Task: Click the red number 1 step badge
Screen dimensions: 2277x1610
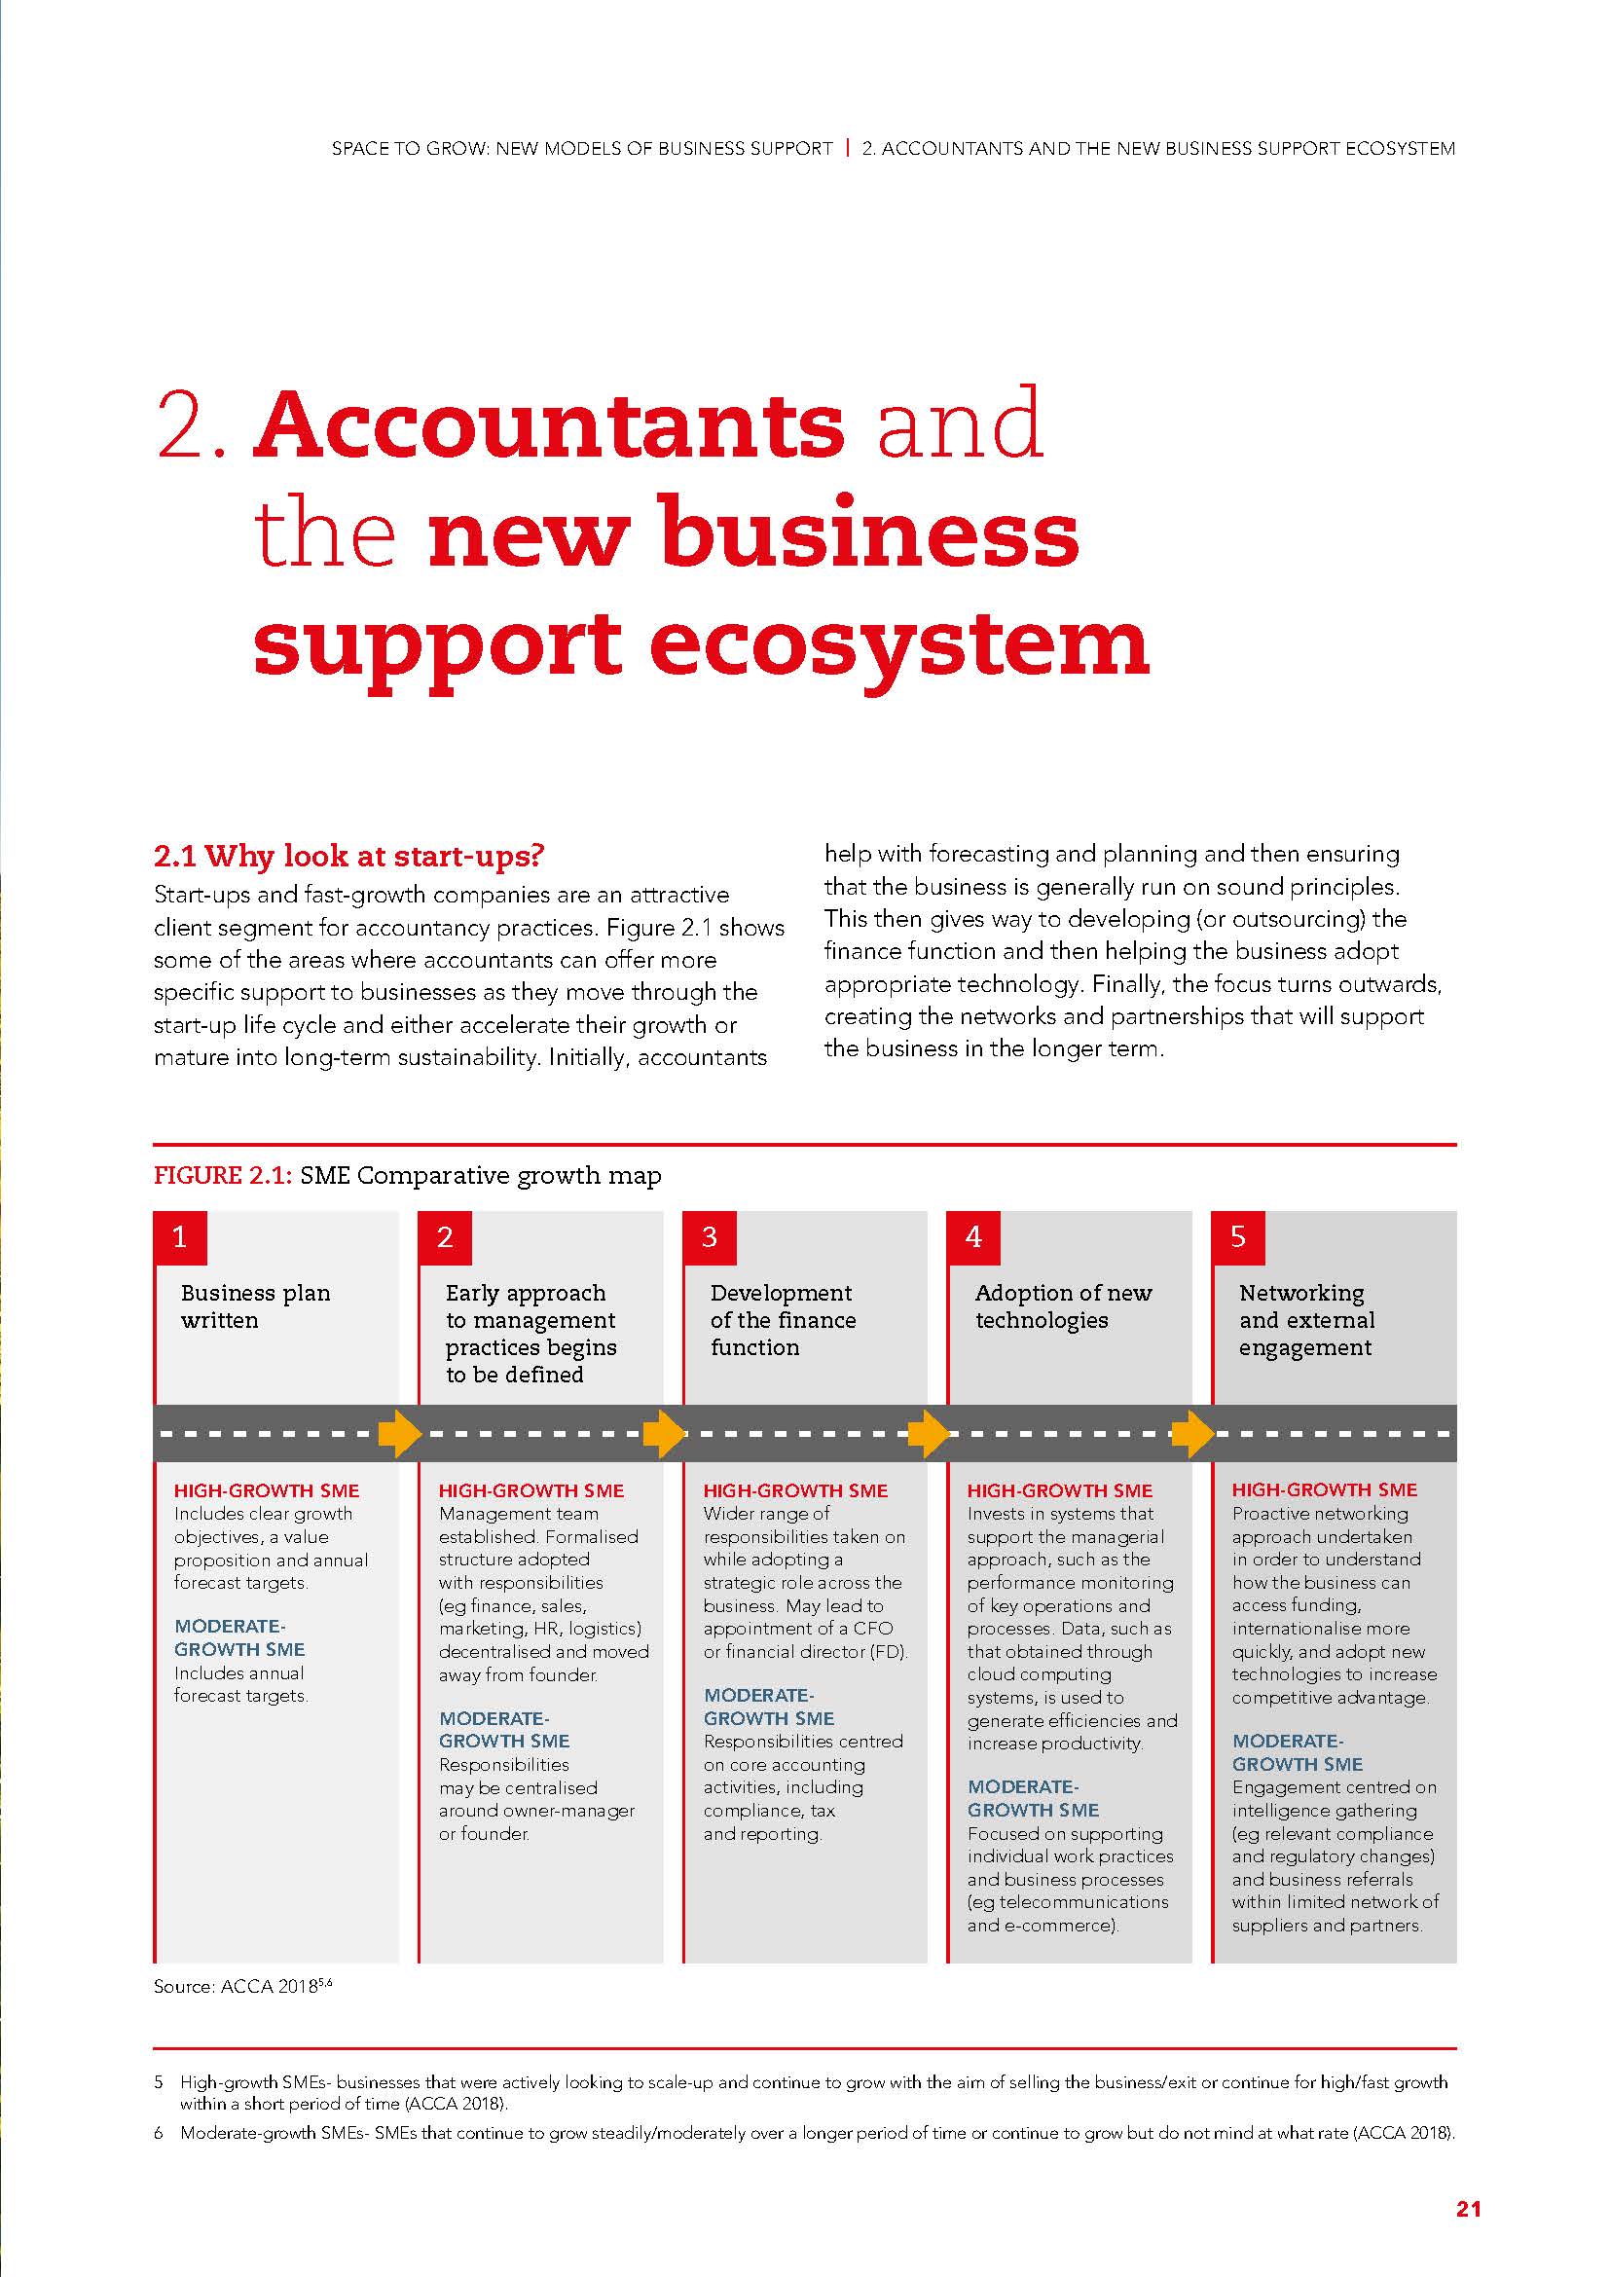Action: [179, 1236]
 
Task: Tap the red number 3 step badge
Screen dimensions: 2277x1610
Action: [709, 1236]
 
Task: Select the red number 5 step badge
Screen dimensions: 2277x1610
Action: [1238, 1236]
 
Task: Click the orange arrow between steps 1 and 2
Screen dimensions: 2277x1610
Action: [399, 1433]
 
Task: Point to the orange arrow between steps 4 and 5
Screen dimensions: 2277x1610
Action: [1192, 1433]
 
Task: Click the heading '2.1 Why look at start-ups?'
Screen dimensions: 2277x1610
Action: [350, 855]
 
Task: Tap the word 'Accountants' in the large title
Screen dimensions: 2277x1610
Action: [549, 424]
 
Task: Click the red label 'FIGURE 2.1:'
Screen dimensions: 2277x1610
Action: [222, 1176]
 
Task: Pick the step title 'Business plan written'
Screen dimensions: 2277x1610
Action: [255, 1306]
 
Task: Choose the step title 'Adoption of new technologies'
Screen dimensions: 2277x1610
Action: [1063, 1306]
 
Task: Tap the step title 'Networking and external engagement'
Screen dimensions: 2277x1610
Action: [1305, 1320]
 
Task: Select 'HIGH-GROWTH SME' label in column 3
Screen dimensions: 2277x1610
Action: [795, 1490]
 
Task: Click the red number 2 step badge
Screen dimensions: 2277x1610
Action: [444, 1236]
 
